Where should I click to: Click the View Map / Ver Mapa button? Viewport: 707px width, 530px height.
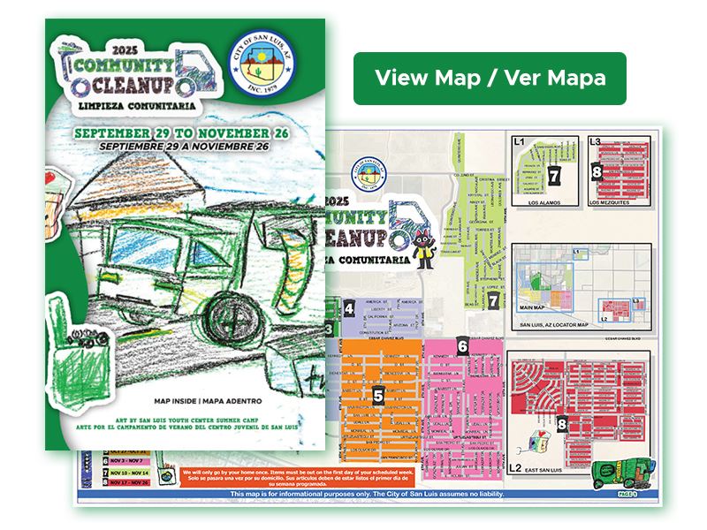coord(490,79)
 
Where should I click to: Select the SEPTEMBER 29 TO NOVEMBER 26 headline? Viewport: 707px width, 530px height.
coord(182,131)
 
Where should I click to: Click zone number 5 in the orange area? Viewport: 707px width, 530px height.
coord(377,396)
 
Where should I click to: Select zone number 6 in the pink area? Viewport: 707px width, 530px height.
coord(462,345)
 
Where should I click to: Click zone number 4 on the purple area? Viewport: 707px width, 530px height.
coord(350,308)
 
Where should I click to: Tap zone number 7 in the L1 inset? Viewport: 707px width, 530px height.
coord(554,174)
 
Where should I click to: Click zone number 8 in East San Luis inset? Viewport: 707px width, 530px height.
coord(563,425)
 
